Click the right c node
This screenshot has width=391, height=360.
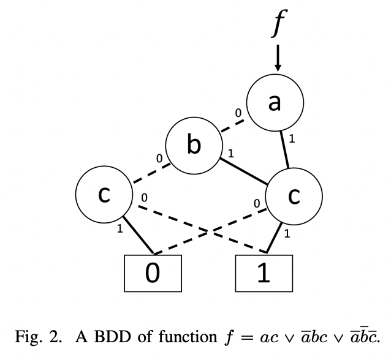click(294, 196)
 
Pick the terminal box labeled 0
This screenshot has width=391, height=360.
click(153, 273)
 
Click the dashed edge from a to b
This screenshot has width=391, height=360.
click(232, 126)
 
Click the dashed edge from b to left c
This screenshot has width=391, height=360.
click(148, 173)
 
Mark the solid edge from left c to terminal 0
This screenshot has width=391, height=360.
click(139, 236)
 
